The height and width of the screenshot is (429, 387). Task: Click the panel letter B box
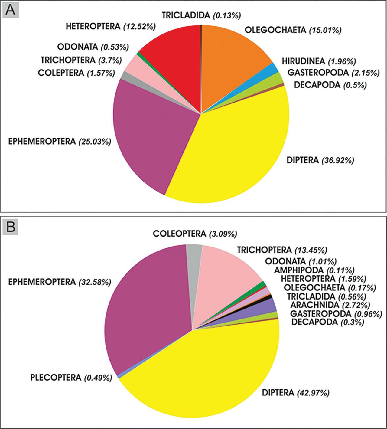coord(11,227)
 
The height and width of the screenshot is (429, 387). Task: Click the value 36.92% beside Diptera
coord(337,160)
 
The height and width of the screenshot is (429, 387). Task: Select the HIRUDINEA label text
coord(303,61)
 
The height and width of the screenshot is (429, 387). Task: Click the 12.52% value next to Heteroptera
coord(139,27)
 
